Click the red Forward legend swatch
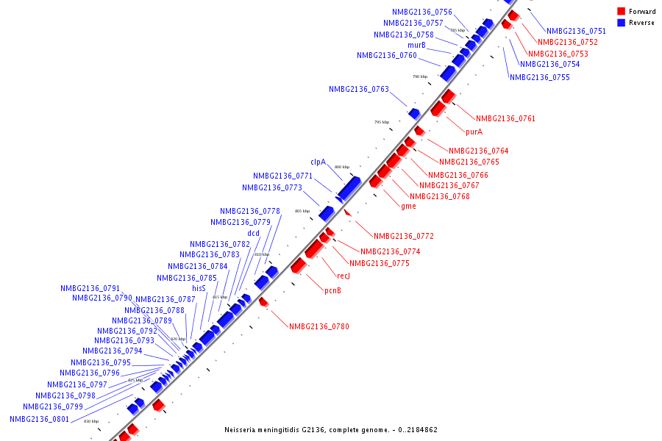[x=622, y=12]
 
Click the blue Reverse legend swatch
[x=622, y=23]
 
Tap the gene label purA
[x=474, y=132]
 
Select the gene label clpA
[x=318, y=162]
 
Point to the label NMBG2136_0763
[x=358, y=90]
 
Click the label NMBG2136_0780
[x=318, y=327]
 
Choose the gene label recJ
[x=344, y=276]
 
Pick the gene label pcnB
[x=332, y=291]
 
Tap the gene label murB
[x=416, y=46]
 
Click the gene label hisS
[x=199, y=289]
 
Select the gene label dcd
[x=253, y=234]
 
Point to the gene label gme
[x=408, y=207]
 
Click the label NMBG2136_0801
[x=39, y=419]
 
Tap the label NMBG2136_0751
[x=576, y=32]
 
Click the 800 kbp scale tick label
[x=342, y=168]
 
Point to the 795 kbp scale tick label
[x=381, y=123]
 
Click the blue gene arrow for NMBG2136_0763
[x=414, y=113]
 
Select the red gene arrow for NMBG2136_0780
[x=263, y=302]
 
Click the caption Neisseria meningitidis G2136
[x=330, y=430]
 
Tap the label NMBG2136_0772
[x=403, y=237]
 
